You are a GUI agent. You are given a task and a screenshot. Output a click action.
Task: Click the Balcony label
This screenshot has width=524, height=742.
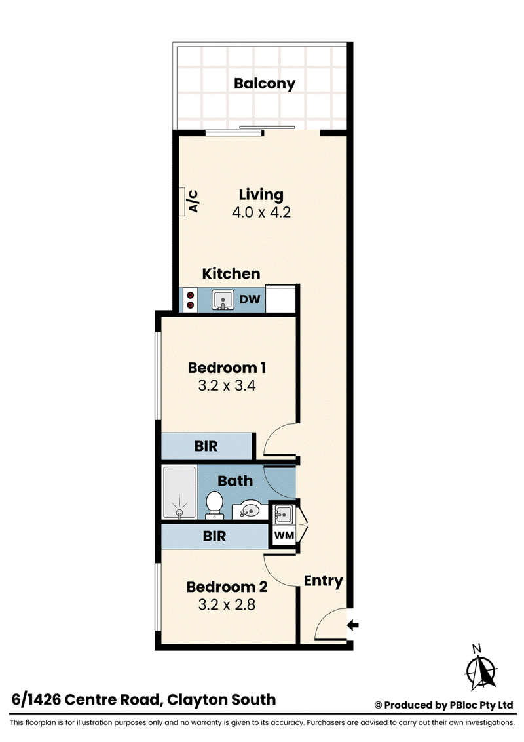click(265, 84)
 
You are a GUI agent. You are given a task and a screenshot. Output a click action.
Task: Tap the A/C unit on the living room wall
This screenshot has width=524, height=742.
click(182, 202)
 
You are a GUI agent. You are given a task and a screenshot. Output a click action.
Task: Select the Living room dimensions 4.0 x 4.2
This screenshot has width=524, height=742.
click(261, 212)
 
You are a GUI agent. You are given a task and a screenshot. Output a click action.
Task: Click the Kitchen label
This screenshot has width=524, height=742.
click(231, 273)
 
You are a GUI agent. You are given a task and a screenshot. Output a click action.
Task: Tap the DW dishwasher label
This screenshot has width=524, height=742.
click(250, 300)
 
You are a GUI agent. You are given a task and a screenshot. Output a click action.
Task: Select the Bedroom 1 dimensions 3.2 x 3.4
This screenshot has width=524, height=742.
click(227, 385)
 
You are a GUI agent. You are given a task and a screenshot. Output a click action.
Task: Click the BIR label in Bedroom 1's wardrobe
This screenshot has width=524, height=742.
click(206, 446)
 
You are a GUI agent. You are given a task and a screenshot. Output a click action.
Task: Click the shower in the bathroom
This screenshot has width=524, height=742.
click(179, 492)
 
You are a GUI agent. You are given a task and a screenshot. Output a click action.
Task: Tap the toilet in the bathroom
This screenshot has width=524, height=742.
click(214, 505)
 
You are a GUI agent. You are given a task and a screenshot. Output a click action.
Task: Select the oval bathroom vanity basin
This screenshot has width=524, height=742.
click(250, 511)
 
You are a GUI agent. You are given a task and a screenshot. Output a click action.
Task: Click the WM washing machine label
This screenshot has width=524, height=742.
click(284, 536)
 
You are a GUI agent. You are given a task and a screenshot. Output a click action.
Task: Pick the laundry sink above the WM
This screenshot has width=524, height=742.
click(283, 515)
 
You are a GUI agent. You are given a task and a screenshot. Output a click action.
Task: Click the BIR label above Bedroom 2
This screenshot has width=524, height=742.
click(214, 536)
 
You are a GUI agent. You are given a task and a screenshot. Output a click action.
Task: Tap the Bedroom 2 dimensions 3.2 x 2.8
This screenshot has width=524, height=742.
click(227, 605)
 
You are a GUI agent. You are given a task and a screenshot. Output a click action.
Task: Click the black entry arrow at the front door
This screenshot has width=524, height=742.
click(353, 625)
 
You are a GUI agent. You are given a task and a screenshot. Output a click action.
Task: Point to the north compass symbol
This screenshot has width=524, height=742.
click(481, 668)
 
